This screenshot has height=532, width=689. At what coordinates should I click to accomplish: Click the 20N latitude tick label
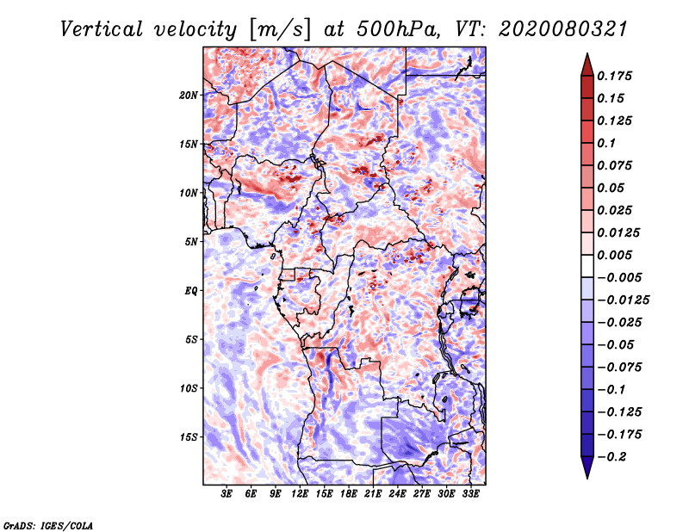189,96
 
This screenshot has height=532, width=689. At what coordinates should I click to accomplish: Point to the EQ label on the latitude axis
190,291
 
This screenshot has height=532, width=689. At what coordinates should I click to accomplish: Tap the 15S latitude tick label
189,437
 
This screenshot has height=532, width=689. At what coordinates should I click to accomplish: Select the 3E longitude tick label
227,494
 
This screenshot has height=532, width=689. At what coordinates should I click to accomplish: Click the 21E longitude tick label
373,494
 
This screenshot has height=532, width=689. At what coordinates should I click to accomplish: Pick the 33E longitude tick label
470,494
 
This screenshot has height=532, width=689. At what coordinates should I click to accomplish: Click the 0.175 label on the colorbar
614,76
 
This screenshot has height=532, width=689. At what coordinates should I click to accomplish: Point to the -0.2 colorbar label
611,457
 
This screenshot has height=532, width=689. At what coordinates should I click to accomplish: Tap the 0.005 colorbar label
614,255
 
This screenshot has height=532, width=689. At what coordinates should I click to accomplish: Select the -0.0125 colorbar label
623,300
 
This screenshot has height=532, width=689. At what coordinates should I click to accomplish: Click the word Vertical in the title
102,29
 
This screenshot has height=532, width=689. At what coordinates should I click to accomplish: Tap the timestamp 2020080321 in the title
562,29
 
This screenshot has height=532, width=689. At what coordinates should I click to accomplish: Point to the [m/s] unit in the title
280,29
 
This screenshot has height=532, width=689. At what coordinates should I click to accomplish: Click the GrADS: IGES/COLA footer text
48,526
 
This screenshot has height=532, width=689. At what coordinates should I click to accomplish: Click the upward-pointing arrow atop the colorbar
587,65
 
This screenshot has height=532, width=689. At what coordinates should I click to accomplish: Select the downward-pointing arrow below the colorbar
587,467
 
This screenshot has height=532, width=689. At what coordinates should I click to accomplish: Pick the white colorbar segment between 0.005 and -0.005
587,266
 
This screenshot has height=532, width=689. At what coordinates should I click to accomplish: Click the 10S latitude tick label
189,388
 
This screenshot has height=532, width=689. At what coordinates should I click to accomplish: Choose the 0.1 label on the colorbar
607,143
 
